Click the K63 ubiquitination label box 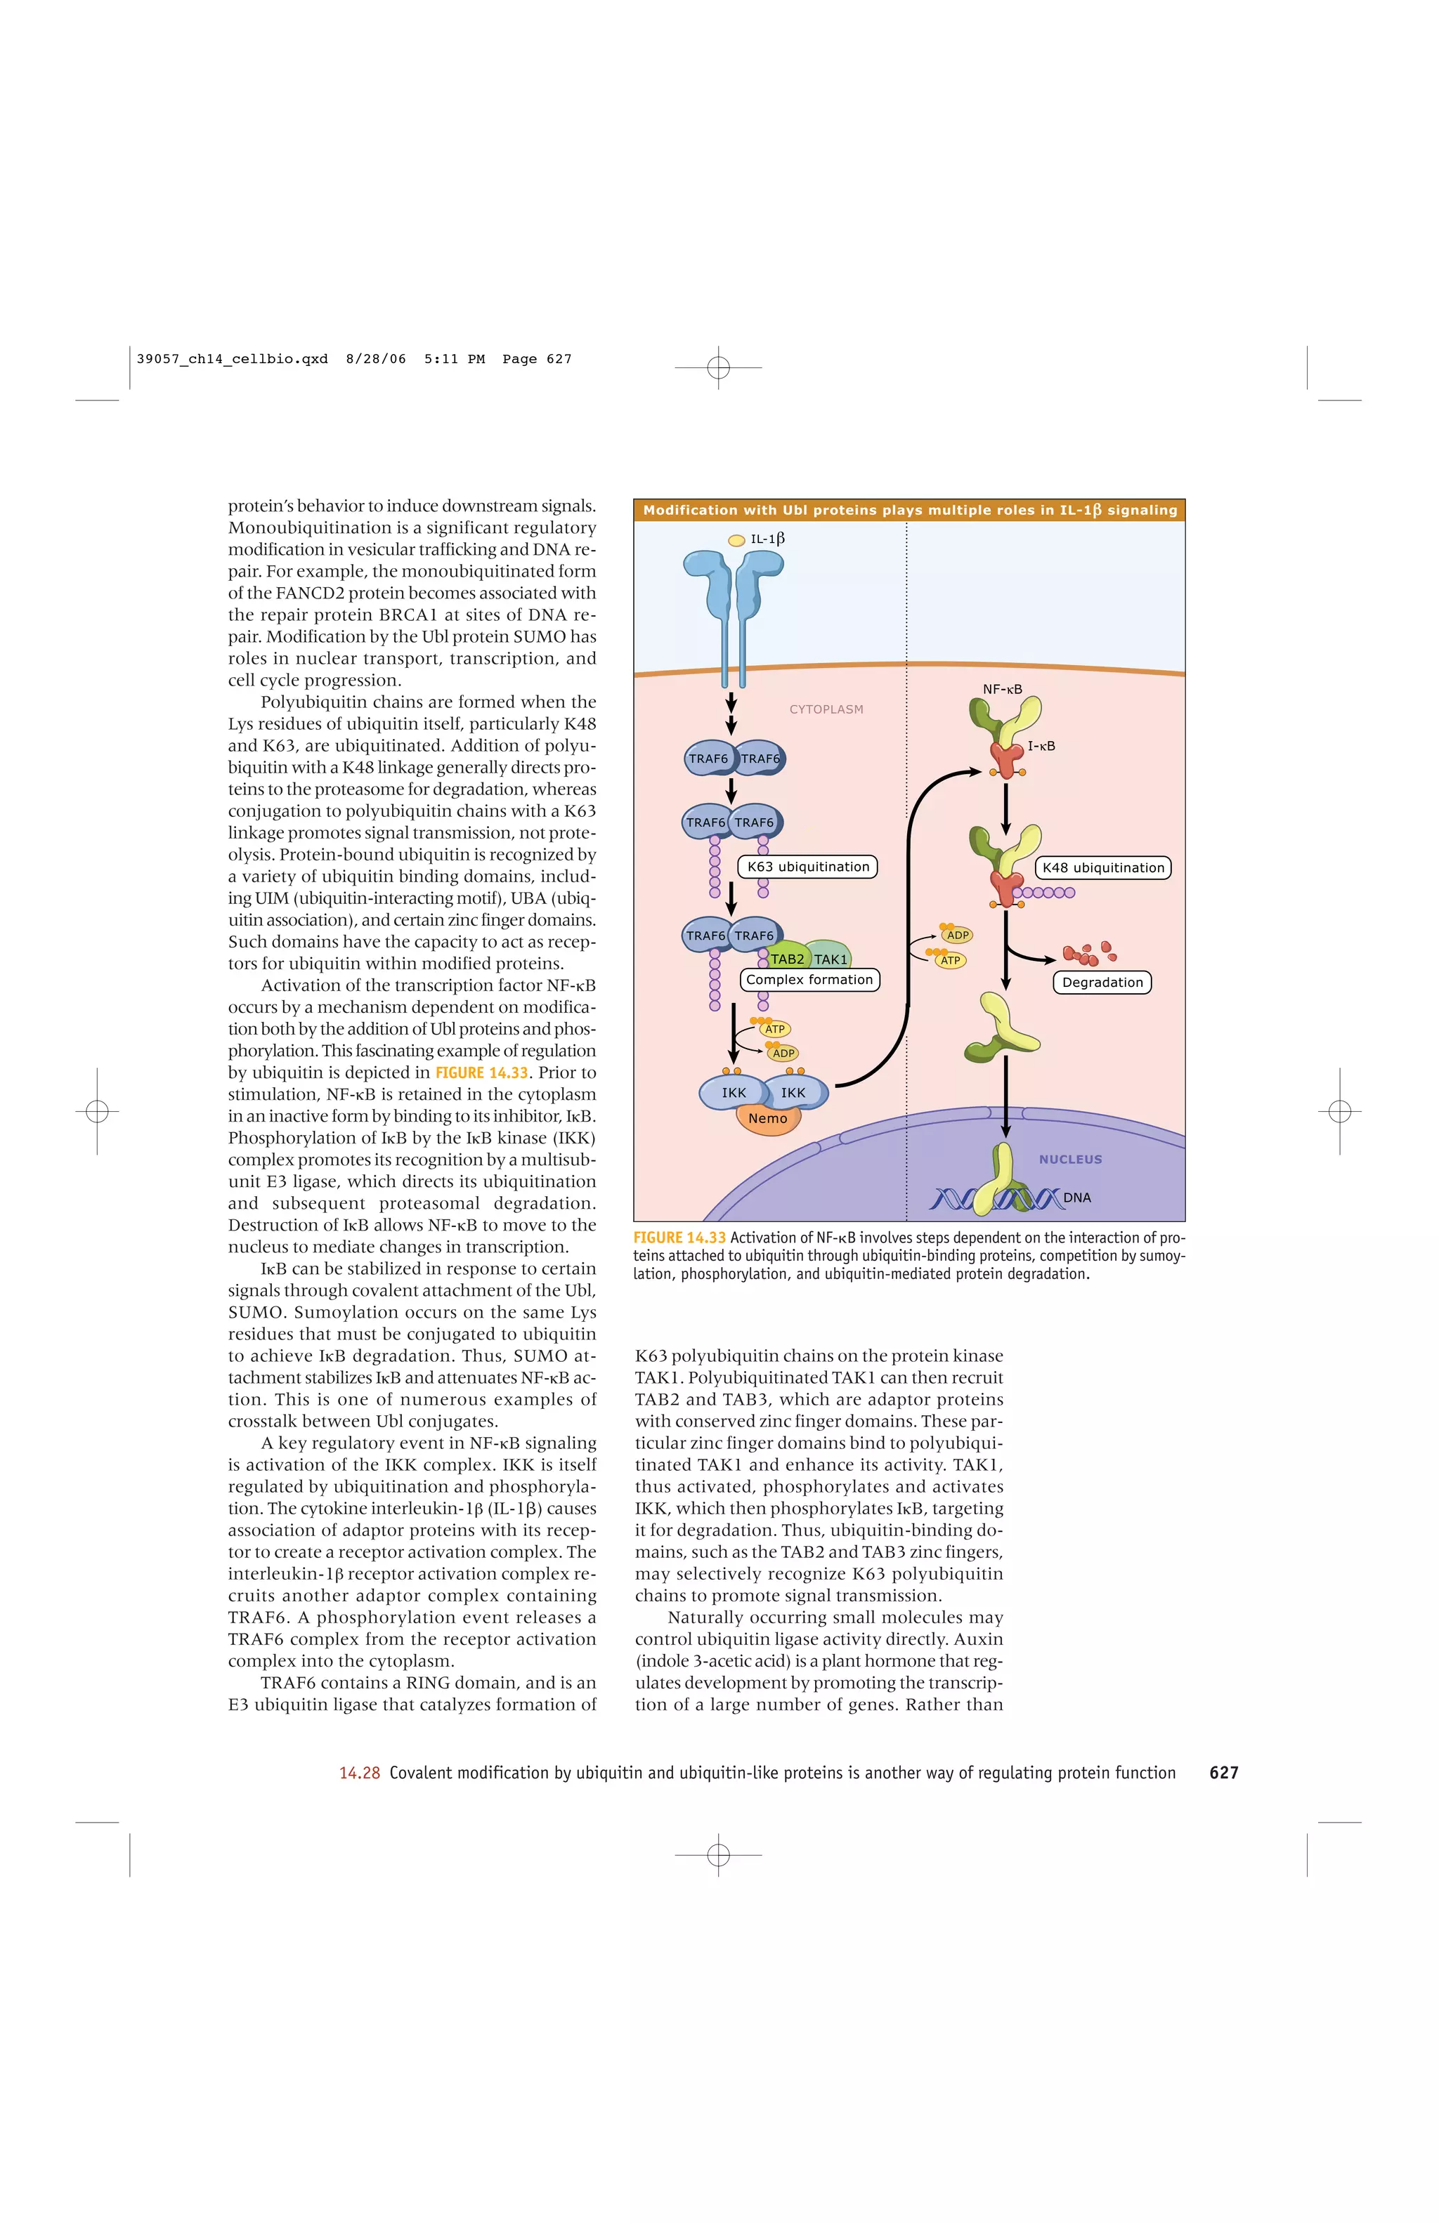pos(807,867)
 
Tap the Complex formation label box pos(809,980)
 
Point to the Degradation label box pos(1102,983)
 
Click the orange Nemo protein pos(768,1119)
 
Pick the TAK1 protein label pos(831,959)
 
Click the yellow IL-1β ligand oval pos(736,540)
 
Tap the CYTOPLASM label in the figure pos(826,710)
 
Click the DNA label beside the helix pos(1076,1198)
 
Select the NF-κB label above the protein pos(1002,689)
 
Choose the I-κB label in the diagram pos(1041,747)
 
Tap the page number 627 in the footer pos(1223,1773)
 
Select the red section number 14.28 pos(359,1773)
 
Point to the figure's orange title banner pos(909,510)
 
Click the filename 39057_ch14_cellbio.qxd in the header pos(232,359)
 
